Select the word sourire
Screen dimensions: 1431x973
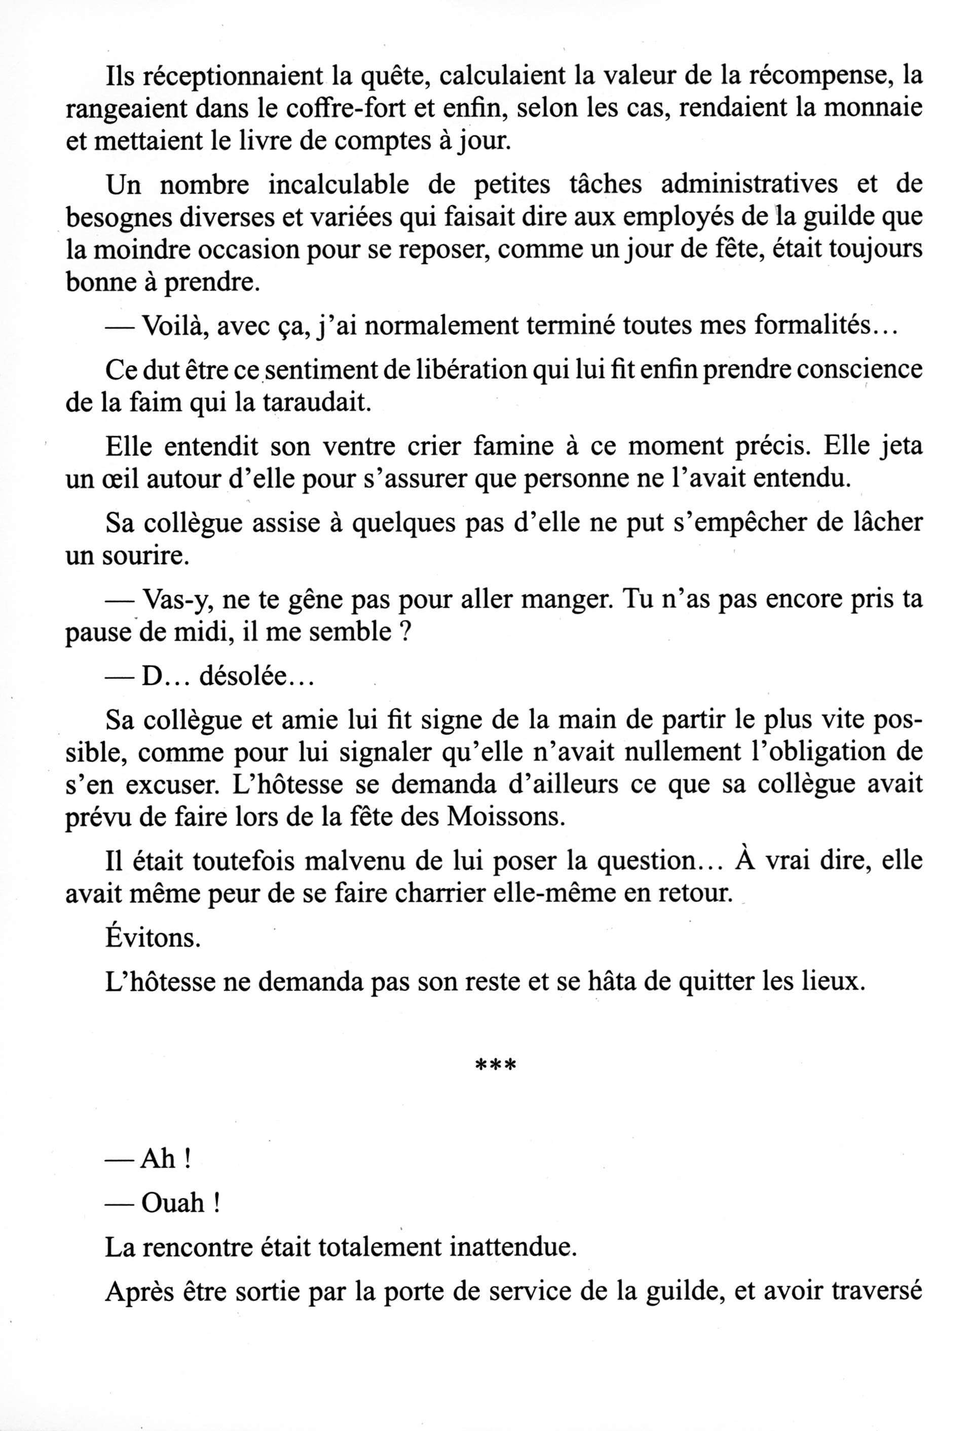153,556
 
